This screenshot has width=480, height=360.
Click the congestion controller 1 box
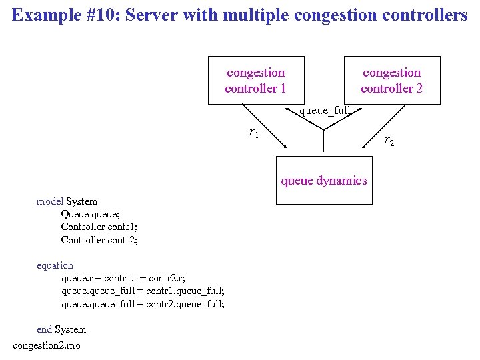click(255, 81)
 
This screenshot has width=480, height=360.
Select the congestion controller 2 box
click(391, 81)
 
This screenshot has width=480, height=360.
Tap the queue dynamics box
click(323, 180)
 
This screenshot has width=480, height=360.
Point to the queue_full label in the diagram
click(325, 111)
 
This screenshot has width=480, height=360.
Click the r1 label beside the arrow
click(253, 133)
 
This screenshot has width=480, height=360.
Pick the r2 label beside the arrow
click(389, 141)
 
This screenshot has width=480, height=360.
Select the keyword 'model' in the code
click(50, 201)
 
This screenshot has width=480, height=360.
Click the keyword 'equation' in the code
click(55, 265)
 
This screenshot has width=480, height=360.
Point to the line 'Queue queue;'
click(90, 214)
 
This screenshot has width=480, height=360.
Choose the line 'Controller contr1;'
click(99, 227)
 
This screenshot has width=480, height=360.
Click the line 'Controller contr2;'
click(99, 240)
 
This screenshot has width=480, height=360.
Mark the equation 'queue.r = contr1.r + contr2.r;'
click(123, 278)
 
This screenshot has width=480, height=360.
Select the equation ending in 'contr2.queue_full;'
click(143, 304)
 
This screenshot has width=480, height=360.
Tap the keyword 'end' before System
click(44, 329)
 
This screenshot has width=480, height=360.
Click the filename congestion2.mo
click(47, 345)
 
